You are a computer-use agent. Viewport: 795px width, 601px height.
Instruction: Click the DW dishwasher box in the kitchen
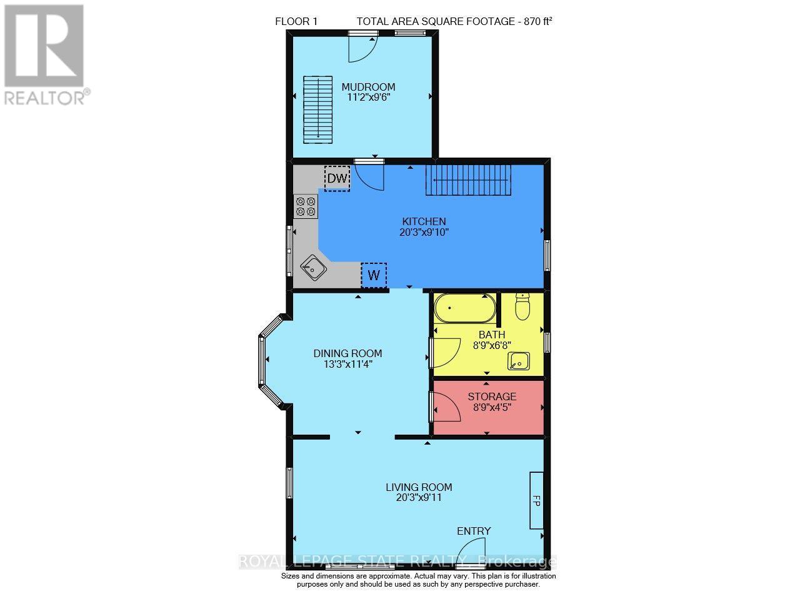click(337, 178)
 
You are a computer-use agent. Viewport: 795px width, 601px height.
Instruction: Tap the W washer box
click(374, 276)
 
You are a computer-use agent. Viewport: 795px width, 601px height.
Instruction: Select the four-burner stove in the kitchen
click(306, 206)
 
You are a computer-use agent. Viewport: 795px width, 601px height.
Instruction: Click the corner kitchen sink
click(313, 268)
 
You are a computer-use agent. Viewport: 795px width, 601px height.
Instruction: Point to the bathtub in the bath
click(464, 308)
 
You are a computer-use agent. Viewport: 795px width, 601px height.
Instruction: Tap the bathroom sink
click(519, 361)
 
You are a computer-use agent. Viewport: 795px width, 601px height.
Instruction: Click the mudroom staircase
click(317, 109)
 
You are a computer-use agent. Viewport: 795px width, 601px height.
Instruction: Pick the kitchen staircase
click(468, 180)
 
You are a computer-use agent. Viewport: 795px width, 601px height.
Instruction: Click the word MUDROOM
click(368, 87)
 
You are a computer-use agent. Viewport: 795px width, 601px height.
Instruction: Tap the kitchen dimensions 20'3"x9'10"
click(424, 232)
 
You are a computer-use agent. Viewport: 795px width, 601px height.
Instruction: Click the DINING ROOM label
click(347, 353)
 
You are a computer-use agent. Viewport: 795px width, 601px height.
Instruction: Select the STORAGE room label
click(492, 396)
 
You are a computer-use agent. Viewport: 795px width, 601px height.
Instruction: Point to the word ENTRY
click(474, 531)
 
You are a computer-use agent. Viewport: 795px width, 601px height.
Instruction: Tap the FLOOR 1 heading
click(296, 22)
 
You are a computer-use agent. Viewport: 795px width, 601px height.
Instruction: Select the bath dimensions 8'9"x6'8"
click(492, 345)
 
